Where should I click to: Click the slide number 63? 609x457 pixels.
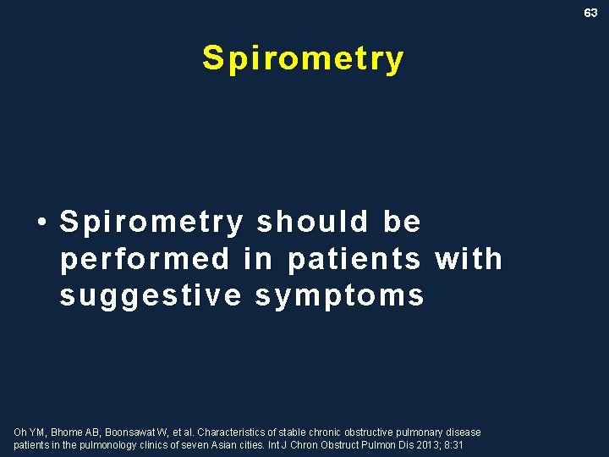[590, 13]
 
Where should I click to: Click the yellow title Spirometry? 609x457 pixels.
[304, 58]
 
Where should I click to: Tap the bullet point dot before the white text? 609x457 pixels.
[41, 223]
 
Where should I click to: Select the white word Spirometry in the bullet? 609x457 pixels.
[151, 222]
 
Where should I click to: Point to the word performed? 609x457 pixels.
[145, 258]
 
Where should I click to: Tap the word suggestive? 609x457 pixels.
[150, 295]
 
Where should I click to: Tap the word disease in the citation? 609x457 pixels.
[464, 432]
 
